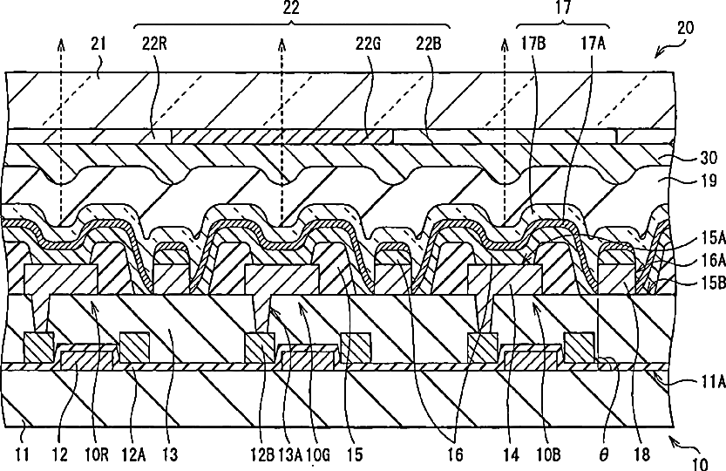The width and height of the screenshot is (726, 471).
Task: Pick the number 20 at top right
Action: [x=686, y=27]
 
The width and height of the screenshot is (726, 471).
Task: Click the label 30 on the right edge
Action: [x=708, y=159]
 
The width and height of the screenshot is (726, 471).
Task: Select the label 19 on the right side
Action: [x=708, y=182]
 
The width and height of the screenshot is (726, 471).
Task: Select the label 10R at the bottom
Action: [x=92, y=454]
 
